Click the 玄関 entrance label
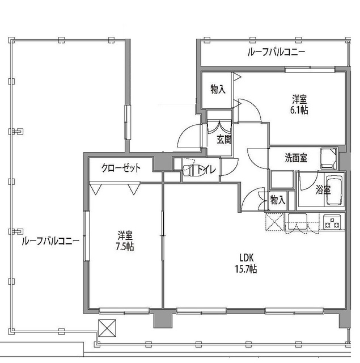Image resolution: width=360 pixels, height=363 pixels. tap(223, 139)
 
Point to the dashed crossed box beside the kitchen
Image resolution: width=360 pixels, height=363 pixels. tap(274, 222)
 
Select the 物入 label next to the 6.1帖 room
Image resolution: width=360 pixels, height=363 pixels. tap(218, 89)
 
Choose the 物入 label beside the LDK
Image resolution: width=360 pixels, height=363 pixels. tap(277, 200)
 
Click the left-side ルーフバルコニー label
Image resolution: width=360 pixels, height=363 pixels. tap(50, 241)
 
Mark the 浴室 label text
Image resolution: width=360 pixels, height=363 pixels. tap(323, 191)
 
